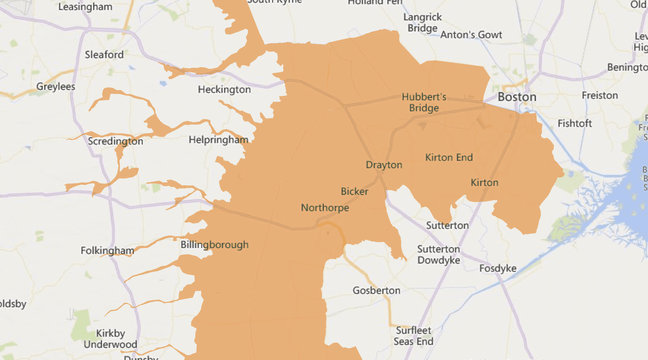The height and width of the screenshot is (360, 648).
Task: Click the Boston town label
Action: (517, 97)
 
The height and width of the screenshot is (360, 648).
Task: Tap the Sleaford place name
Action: (104, 55)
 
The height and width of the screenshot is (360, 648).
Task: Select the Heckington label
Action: (224, 89)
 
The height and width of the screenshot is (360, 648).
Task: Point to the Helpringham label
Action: (218, 140)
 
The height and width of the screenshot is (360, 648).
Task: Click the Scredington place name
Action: (115, 141)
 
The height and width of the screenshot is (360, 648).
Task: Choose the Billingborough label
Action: (214, 245)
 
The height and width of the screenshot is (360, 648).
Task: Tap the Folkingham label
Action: (107, 251)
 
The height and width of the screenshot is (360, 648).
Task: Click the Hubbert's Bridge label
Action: (424, 102)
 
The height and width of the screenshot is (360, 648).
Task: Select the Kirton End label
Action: (449, 158)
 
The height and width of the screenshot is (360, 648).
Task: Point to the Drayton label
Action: (384, 165)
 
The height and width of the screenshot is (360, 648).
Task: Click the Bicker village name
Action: (354, 192)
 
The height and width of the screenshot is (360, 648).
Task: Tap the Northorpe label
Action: (325, 208)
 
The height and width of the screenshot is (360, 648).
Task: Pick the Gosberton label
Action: (376, 290)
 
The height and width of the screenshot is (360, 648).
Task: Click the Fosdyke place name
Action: (498, 268)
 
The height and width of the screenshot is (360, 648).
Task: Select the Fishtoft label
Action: (575, 124)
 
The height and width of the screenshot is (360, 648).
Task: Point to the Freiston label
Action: (600, 96)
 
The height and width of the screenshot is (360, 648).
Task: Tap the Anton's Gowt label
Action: (471, 35)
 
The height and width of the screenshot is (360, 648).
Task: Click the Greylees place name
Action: (55, 87)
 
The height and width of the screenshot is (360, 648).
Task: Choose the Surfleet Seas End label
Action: (414, 336)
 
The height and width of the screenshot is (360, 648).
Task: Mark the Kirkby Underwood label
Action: (110, 339)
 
